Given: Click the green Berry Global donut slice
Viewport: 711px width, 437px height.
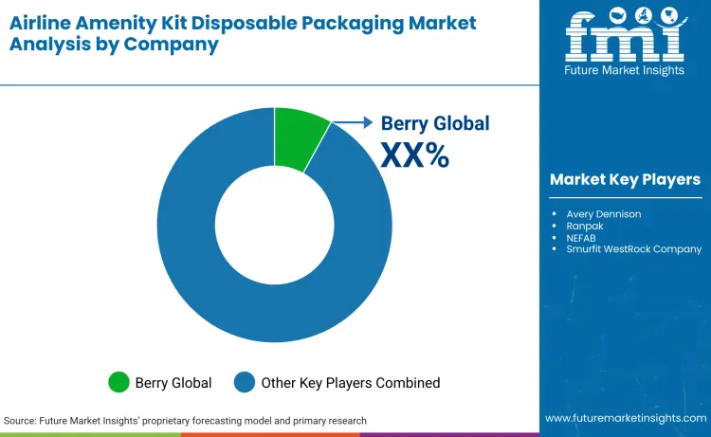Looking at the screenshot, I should tap(299, 137).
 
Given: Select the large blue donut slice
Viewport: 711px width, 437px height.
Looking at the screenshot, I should tap(237, 303).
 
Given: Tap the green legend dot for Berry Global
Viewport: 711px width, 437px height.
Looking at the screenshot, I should tap(119, 383).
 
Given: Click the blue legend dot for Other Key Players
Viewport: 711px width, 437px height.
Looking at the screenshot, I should tap(246, 383).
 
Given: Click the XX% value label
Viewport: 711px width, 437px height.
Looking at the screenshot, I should tap(414, 155).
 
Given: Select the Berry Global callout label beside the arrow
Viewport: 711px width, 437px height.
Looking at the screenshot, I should tap(435, 123).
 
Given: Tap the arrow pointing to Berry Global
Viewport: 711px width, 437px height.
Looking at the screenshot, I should tap(353, 122).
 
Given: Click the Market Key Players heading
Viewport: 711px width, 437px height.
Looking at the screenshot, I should tap(625, 179).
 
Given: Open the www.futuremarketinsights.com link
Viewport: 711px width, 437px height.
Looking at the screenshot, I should tap(625, 418).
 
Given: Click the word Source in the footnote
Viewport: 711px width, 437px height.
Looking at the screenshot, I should tap(22, 420).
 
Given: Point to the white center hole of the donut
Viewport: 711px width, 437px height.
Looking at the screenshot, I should tap(274, 225).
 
